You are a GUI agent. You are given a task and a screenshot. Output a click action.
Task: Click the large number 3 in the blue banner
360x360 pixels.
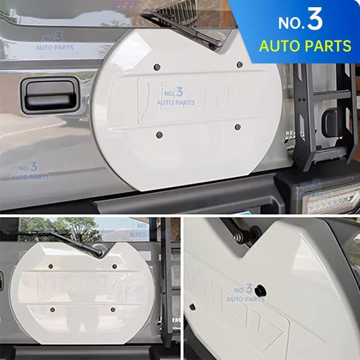click(x=315, y=20)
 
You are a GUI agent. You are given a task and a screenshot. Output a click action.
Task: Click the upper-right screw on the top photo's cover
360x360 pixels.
click(x=239, y=65)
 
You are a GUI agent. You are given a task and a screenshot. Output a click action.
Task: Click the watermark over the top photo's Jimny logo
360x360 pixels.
click(x=175, y=97)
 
